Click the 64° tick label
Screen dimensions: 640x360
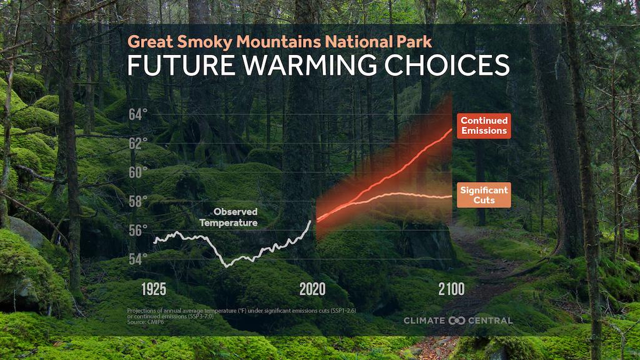(x=138, y=115)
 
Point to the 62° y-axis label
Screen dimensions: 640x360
(x=138, y=144)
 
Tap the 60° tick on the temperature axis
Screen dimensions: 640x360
(x=138, y=172)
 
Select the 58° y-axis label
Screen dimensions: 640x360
(x=138, y=202)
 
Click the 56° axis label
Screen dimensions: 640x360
(x=138, y=230)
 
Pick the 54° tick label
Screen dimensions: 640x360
(x=138, y=259)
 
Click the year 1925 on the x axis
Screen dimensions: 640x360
(x=154, y=289)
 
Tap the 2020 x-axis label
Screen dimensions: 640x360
(x=313, y=289)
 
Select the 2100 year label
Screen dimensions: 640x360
(x=451, y=289)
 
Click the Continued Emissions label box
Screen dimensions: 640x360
(x=484, y=125)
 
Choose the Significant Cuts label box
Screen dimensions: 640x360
(x=484, y=195)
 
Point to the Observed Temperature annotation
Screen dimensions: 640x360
(x=229, y=217)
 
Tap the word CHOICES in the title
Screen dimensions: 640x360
(x=447, y=66)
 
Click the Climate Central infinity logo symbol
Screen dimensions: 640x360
(x=456, y=321)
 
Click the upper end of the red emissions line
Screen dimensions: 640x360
(x=451, y=129)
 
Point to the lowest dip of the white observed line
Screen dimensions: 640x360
(x=227, y=266)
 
